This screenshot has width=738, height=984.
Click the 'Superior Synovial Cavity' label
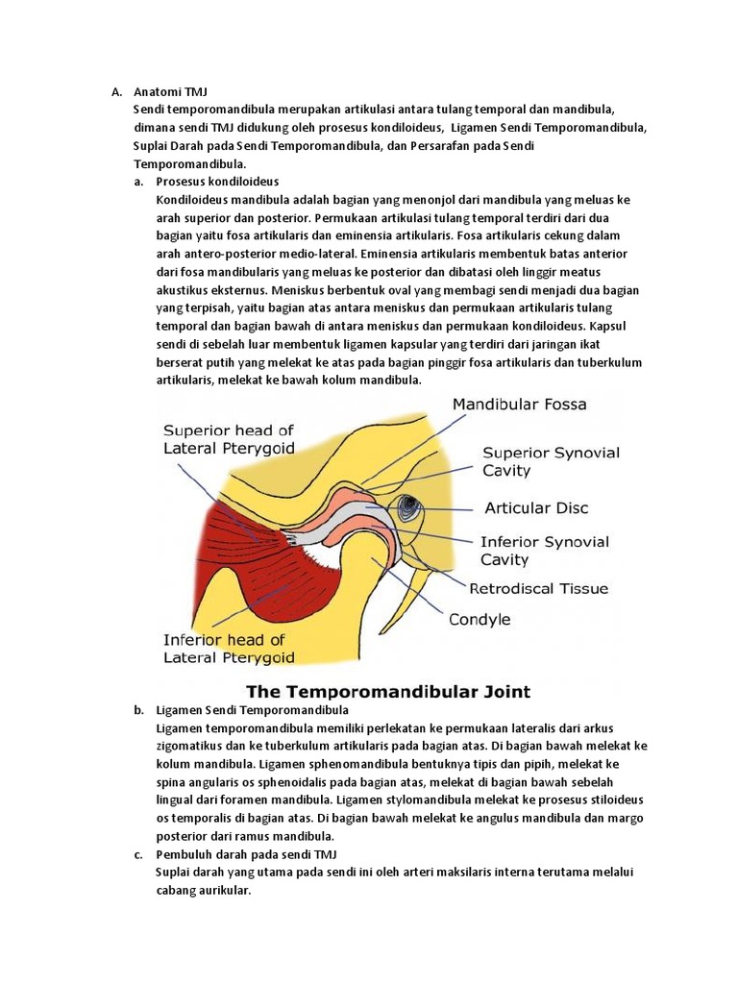coord(551,461)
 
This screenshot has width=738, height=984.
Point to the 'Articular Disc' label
coord(536,507)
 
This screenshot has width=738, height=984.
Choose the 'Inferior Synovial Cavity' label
coord(544,550)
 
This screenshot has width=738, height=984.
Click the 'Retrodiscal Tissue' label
coord(538,588)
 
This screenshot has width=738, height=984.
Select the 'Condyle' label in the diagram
coord(480,620)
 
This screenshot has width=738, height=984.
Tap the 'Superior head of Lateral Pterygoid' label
coord(229,439)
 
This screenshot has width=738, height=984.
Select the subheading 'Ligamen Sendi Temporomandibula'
coord(253,710)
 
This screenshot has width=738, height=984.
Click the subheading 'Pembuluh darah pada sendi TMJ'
coord(247,853)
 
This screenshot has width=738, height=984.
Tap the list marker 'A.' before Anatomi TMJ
coord(116,92)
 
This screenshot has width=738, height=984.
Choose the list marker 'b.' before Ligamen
coord(139,710)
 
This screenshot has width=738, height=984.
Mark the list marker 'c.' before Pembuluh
coord(139,853)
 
